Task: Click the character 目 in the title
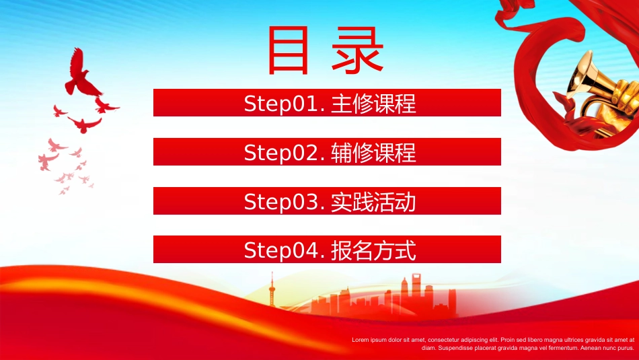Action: pos(288,50)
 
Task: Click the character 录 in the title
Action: pos(357,50)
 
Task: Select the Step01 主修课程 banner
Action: pos(327,103)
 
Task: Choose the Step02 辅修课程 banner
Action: pos(327,151)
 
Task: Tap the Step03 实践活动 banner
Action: pos(327,201)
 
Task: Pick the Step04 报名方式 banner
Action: pos(327,249)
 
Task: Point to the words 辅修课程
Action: pos(373,153)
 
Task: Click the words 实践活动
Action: pos(373,202)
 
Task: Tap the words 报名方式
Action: pos(373,250)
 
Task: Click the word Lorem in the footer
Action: pos(361,340)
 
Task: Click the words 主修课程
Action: pos(373,104)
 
